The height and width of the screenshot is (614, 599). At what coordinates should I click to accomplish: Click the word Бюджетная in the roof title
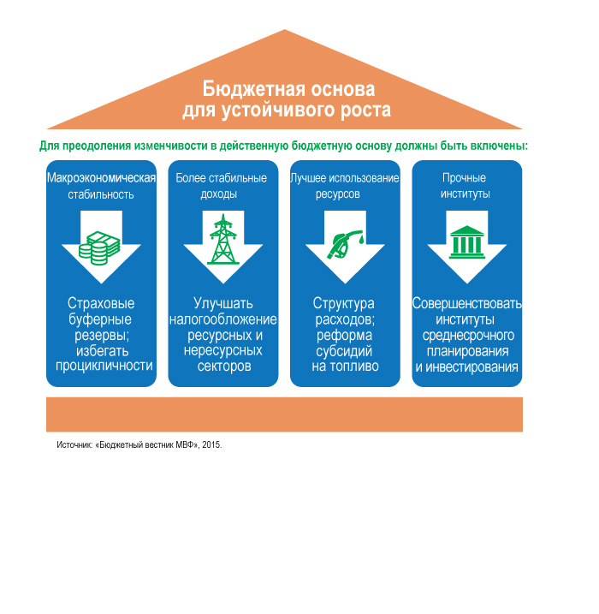tap(253, 89)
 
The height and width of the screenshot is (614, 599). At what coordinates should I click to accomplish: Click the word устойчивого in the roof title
tap(278, 110)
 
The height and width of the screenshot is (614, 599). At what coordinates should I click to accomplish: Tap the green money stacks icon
tap(99, 247)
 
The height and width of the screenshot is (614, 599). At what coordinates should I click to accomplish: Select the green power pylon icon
tap(223, 239)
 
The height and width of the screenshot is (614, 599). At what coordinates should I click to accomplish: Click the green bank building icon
tap(466, 242)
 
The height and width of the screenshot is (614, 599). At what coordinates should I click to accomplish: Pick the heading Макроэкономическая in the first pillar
tap(101, 178)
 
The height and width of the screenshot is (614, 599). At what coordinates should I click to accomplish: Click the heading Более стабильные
tap(221, 178)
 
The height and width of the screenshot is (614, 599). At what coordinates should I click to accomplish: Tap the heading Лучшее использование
tap(345, 178)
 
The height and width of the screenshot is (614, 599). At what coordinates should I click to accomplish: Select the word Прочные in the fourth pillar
tap(464, 178)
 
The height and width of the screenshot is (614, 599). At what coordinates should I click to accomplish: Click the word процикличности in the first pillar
tap(104, 366)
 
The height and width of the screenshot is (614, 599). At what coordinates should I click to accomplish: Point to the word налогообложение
tap(223, 319)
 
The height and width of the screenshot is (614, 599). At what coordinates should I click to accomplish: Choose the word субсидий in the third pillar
tap(344, 351)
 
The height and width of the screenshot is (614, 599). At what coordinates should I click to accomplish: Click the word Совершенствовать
tap(466, 303)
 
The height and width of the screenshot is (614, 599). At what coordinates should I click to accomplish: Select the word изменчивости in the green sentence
tap(170, 146)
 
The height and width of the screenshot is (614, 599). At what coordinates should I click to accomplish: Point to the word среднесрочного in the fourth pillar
tap(468, 336)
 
